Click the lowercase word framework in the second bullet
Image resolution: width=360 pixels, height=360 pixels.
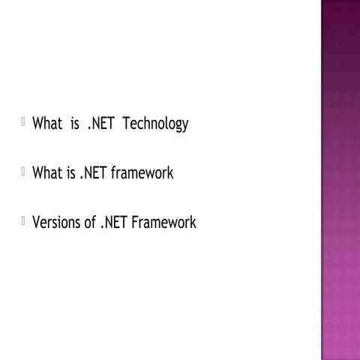142,173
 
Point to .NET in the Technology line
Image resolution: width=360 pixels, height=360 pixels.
100,124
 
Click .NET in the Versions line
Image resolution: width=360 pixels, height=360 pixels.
113,222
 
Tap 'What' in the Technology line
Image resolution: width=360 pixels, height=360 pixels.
46,124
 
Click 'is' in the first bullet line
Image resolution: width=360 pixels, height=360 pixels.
75,124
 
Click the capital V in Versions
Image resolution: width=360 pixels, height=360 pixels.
36,222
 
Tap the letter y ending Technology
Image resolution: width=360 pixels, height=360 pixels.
184,126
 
